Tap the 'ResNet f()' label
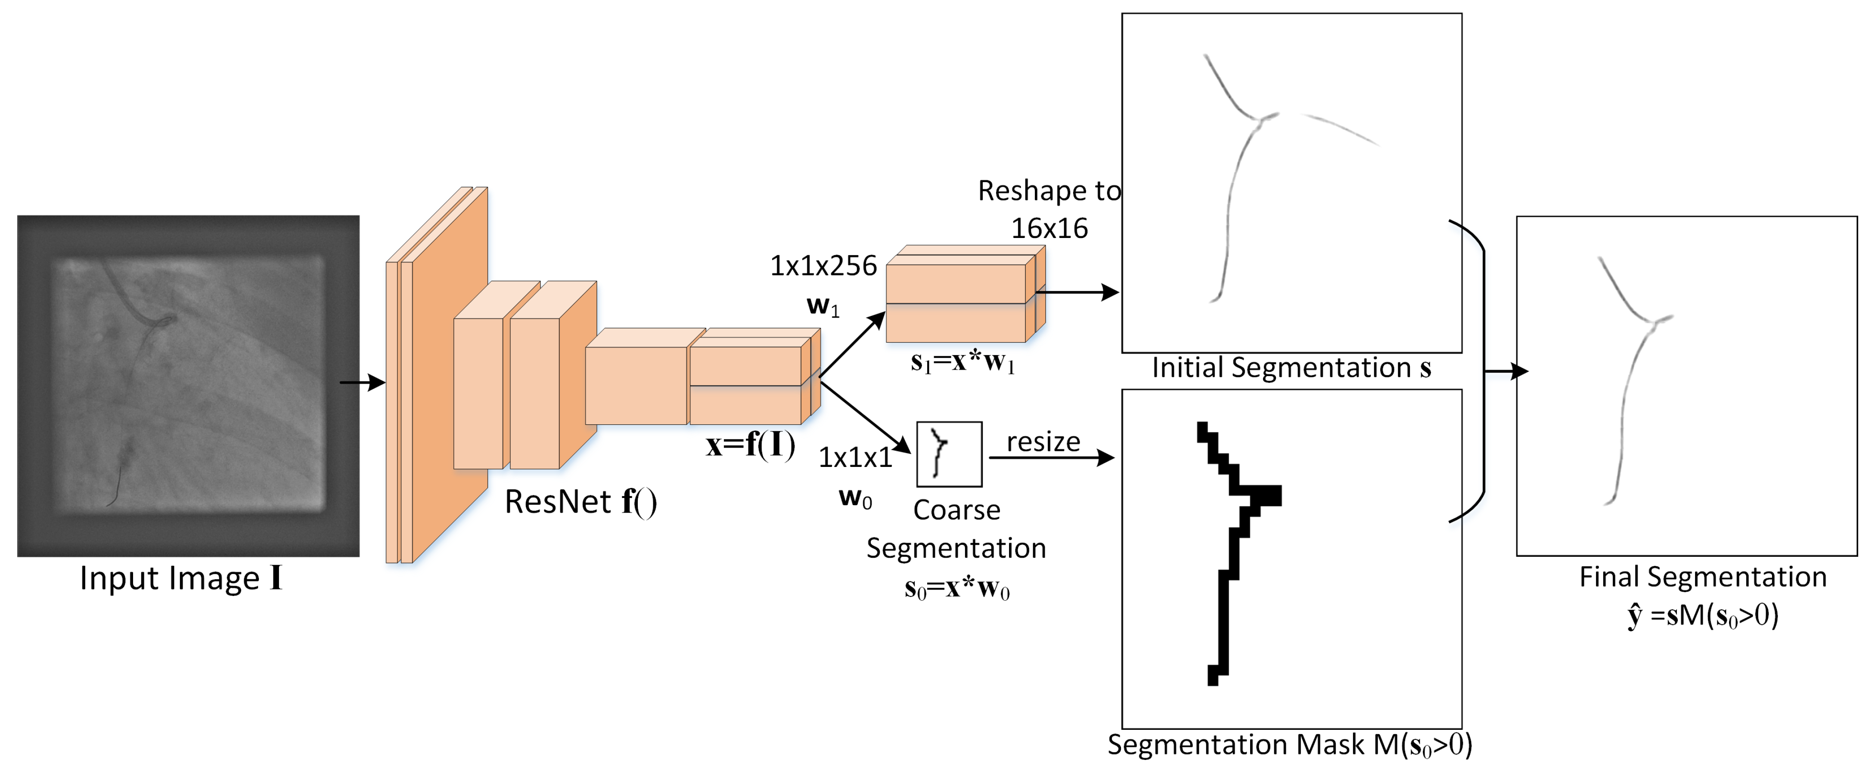(x=580, y=502)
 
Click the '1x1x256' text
(x=823, y=266)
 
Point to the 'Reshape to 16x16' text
(x=1049, y=210)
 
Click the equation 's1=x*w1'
(x=962, y=361)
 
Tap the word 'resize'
(x=1043, y=442)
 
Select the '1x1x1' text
(x=855, y=457)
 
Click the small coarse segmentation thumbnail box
(x=948, y=454)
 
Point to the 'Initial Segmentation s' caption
(x=1291, y=368)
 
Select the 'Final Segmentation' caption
(x=1702, y=577)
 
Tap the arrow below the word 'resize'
(x=1051, y=457)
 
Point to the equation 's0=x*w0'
(x=956, y=588)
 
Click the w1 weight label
(x=823, y=306)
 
